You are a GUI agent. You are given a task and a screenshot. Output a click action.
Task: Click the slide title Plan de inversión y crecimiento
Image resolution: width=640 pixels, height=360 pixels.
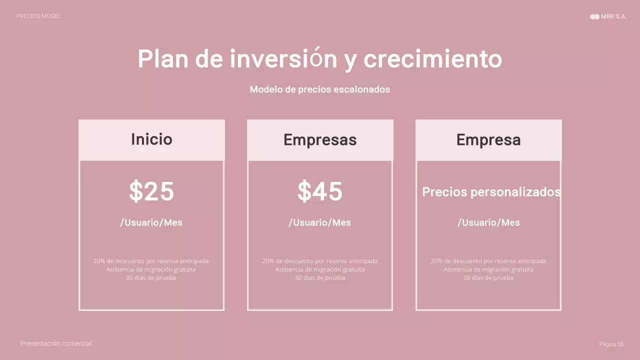319,59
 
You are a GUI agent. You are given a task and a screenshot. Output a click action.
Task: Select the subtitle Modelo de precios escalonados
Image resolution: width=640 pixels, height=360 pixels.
319,89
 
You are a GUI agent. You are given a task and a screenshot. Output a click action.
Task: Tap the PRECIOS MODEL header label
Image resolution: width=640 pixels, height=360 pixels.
38,16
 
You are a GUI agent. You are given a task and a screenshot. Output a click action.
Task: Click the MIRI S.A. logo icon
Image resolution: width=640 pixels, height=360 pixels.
594,16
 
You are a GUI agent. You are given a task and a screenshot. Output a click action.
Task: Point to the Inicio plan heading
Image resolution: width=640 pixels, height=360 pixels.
151,139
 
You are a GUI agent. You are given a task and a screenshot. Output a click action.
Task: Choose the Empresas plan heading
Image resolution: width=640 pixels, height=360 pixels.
320,140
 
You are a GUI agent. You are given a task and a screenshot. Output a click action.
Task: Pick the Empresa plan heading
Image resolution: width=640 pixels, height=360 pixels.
488,140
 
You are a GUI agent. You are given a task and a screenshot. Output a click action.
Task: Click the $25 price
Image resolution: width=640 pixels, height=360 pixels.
151,191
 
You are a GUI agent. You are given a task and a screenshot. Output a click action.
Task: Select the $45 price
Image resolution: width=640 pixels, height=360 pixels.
320,191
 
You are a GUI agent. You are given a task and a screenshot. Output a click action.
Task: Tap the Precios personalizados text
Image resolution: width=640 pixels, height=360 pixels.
491,192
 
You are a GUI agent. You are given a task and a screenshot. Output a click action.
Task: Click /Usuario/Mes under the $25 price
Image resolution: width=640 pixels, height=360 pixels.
151,222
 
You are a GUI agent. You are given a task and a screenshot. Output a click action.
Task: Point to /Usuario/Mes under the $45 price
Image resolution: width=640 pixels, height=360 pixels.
320,222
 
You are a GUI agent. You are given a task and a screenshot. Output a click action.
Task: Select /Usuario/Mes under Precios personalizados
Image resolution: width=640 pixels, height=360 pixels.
488,222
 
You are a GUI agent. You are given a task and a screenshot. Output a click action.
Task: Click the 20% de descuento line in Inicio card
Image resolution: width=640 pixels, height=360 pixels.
151,261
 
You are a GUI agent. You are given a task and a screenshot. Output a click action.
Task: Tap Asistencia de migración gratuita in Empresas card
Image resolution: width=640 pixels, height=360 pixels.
320,269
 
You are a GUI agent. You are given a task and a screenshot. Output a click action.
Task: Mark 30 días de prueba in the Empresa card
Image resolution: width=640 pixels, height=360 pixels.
488,278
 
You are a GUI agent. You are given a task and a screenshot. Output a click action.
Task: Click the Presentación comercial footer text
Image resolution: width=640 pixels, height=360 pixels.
56,343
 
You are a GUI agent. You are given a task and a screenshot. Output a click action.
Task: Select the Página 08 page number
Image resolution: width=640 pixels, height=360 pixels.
611,344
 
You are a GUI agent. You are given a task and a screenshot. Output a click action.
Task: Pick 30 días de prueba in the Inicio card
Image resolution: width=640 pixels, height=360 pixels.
151,278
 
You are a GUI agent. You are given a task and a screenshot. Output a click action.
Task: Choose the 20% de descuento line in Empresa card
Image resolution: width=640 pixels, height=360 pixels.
488,261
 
